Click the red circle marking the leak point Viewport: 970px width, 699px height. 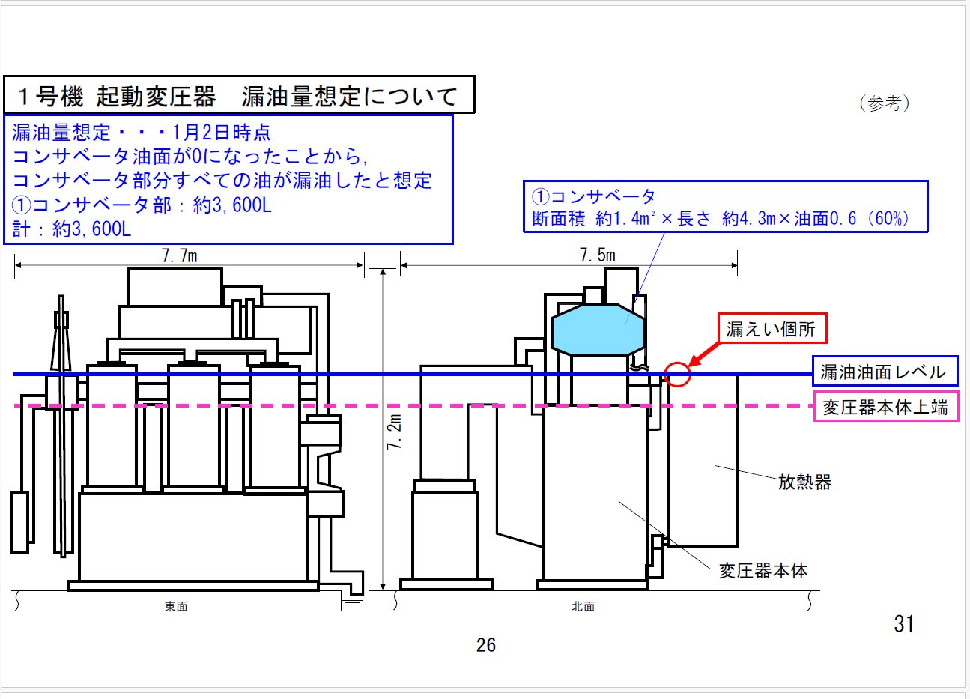coord(677,374)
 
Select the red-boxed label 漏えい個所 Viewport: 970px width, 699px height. coord(771,328)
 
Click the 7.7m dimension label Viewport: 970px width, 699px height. coord(179,255)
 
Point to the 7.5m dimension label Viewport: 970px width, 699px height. coord(597,255)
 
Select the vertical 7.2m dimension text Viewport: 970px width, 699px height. coord(395,432)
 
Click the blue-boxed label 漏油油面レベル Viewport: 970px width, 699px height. coord(883,372)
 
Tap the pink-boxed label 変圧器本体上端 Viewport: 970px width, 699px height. coord(885,407)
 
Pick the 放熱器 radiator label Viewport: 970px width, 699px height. coord(804,482)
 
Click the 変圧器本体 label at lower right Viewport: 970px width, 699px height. coord(763,571)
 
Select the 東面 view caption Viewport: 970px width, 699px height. coord(176,607)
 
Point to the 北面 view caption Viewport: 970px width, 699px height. coord(583,607)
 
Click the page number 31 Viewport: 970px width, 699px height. coord(903,623)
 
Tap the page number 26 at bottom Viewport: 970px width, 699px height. coord(485,645)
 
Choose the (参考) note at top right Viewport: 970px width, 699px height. coord(885,103)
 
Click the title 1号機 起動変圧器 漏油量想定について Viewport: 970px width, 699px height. coord(238,96)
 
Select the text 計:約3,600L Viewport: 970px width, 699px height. coord(72,229)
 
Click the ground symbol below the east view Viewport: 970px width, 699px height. coord(352,601)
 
